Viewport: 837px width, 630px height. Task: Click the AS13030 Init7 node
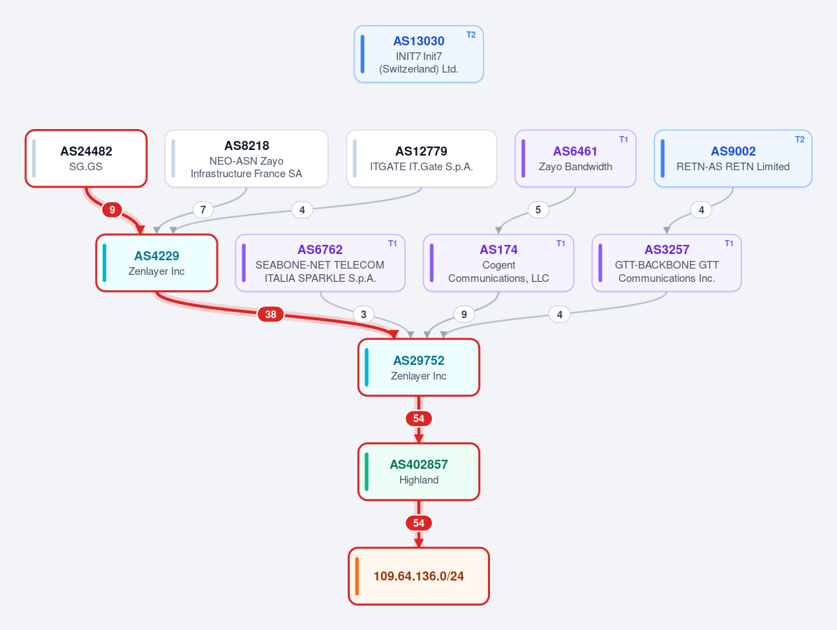click(x=419, y=54)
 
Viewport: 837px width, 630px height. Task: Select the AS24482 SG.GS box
click(x=86, y=158)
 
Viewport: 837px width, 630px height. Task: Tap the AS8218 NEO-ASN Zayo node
click(x=246, y=158)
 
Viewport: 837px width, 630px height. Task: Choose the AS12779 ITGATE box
click(x=421, y=158)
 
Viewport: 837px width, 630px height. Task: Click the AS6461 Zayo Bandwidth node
click(x=575, y=158)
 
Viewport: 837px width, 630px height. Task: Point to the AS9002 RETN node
click(x=733, y=158)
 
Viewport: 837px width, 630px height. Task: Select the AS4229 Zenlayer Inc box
click(x=156, y=263)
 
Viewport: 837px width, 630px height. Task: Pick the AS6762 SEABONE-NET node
click(x=320, y=263)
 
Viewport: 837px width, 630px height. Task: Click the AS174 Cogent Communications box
click(x=498, y=263)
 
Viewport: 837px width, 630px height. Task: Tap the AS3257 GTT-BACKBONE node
click(x=666, y=263)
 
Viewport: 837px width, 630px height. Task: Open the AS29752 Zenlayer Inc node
click(x=419, y=368)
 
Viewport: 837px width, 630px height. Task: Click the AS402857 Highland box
click(x=419, y=472)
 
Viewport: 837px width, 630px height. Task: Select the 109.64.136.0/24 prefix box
click(x=419, y=576)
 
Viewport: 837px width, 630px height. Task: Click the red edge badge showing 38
click(x=271, y=314)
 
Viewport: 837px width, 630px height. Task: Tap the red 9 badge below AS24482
click(x=112, y=209)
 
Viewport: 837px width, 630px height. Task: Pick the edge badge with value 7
click(x=203, y=209)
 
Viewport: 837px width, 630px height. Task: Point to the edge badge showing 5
click(x=538, y=209)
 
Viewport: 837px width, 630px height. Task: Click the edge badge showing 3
click(x=364, y=314)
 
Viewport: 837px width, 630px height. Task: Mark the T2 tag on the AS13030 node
click(x=471, y=35)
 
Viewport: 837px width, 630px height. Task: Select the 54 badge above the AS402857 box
click(x=419, y=419)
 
